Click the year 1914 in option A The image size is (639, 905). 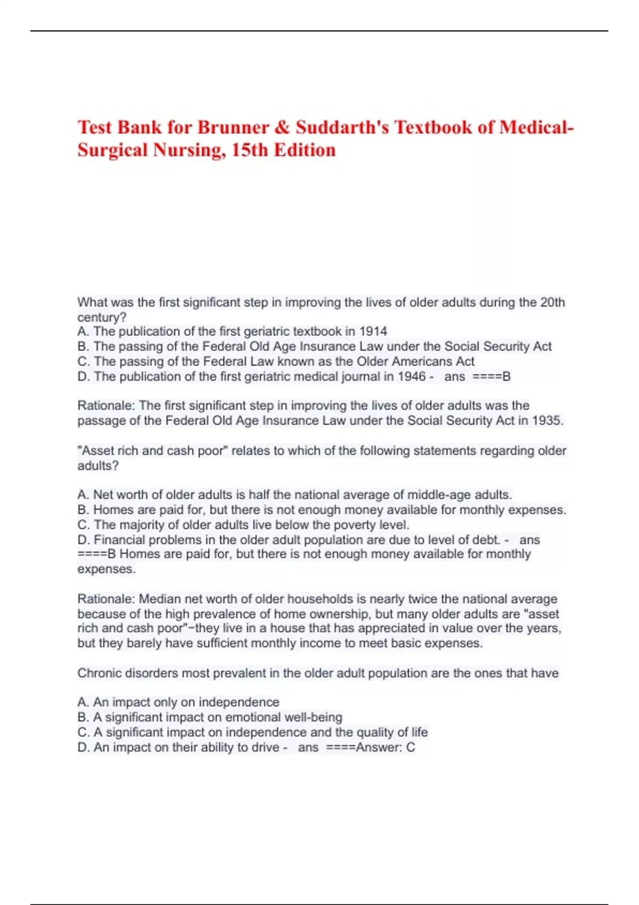click(373, 331)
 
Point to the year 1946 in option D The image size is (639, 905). click(412, 376)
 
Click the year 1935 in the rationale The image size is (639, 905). click(547, 421)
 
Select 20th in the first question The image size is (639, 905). click(552, 302)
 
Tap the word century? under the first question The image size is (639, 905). click(102, 317)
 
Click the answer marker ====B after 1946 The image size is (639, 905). click(491, 376)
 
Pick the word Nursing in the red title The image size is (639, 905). click(186, 150)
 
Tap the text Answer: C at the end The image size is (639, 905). click(386, 747)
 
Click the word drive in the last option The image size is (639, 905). click(265, 747)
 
